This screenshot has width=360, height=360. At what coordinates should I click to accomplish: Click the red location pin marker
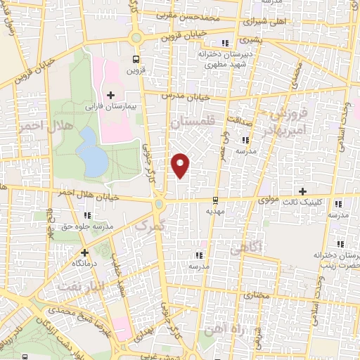coord(181,165)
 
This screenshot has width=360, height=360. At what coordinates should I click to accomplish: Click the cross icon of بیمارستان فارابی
coord(110,95)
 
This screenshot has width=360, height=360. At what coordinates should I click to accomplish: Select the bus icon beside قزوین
coord(136,60)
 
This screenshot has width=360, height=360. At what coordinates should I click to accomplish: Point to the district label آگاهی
coord(246,246)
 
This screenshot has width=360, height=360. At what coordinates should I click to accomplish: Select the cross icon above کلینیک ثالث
coord(303,191)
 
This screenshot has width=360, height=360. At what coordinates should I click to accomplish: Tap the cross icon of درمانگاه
coord(84,252)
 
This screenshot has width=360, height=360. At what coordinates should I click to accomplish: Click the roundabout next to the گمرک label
coord(160,205)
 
